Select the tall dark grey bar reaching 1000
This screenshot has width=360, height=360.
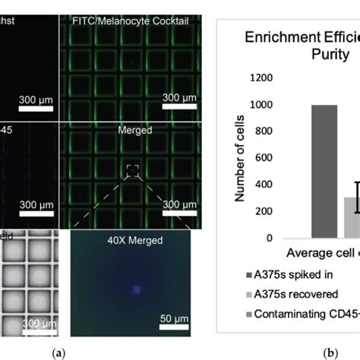click(324, 182)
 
